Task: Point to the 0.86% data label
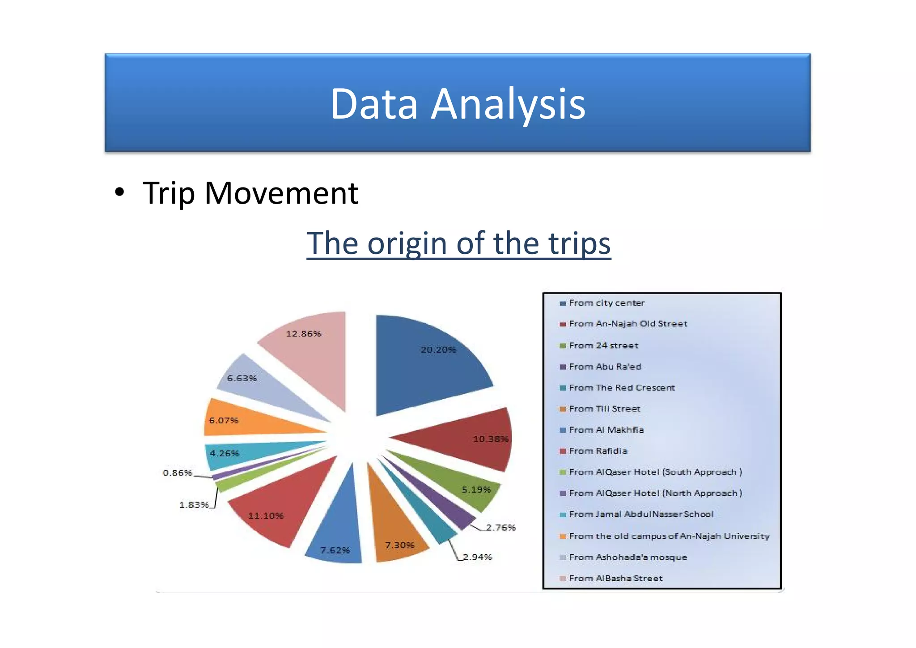coord(177,473)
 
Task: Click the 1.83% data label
coord(194,505)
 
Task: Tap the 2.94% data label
coord(477,557)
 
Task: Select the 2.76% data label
coord(501,528)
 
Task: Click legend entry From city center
coord(606,303)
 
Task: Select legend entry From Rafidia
coord(598,451)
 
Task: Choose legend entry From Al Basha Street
coord(615,578)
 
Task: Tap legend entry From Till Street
coord(604,409)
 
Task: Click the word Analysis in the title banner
coord(508,104)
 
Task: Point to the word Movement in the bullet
coord(281,193)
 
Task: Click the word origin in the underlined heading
coord(407,244)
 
